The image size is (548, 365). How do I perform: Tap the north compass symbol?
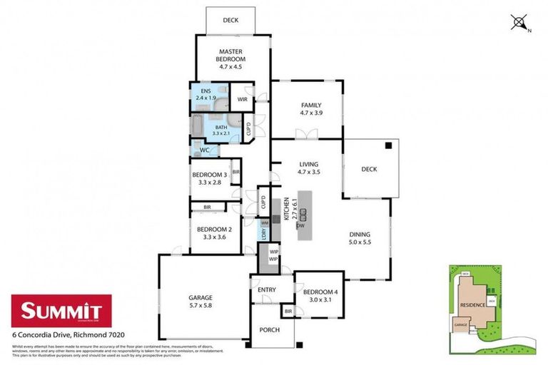(x=519, y=23)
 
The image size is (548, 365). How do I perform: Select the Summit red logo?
(x=61, y=310)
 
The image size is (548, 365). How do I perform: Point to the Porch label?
(x=269, y=329)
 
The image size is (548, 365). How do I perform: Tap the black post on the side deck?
(x=388, y=145)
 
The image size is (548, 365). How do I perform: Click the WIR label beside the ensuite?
(x=242, y=99)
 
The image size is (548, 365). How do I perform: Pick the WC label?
(x=204, y=150)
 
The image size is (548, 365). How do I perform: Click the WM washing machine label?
(x=264, y=224)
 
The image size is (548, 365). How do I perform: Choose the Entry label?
(x=267, y=289)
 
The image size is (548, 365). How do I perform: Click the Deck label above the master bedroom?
(x=230, y=21)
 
